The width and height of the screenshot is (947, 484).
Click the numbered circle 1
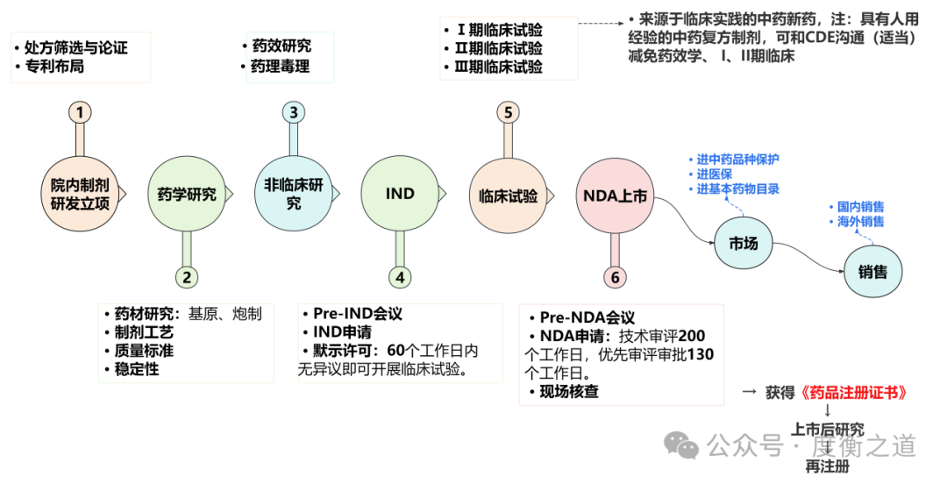[x=80, y=112]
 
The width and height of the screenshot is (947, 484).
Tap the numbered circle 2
[x=186, y=277]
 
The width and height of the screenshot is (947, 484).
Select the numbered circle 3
[x=294, y=112]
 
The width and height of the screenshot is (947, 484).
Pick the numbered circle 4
[x=400, y=277]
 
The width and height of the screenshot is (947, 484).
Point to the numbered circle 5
[x=508, y=112]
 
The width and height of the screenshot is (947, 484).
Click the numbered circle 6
[x=615, y=277]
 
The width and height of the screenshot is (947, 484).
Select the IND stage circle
[x=400, y=194]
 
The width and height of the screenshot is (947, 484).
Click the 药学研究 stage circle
[x=186, y=194]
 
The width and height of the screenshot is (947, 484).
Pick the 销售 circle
[x=872, y=272]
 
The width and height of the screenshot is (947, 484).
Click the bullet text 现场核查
[x=569, y=392]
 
